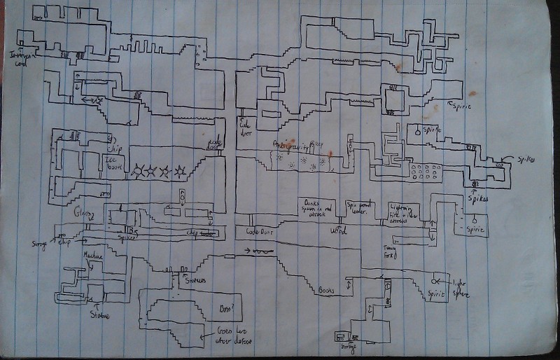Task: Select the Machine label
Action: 93,256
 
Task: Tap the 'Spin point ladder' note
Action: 361,207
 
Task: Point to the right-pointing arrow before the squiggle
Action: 248,251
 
